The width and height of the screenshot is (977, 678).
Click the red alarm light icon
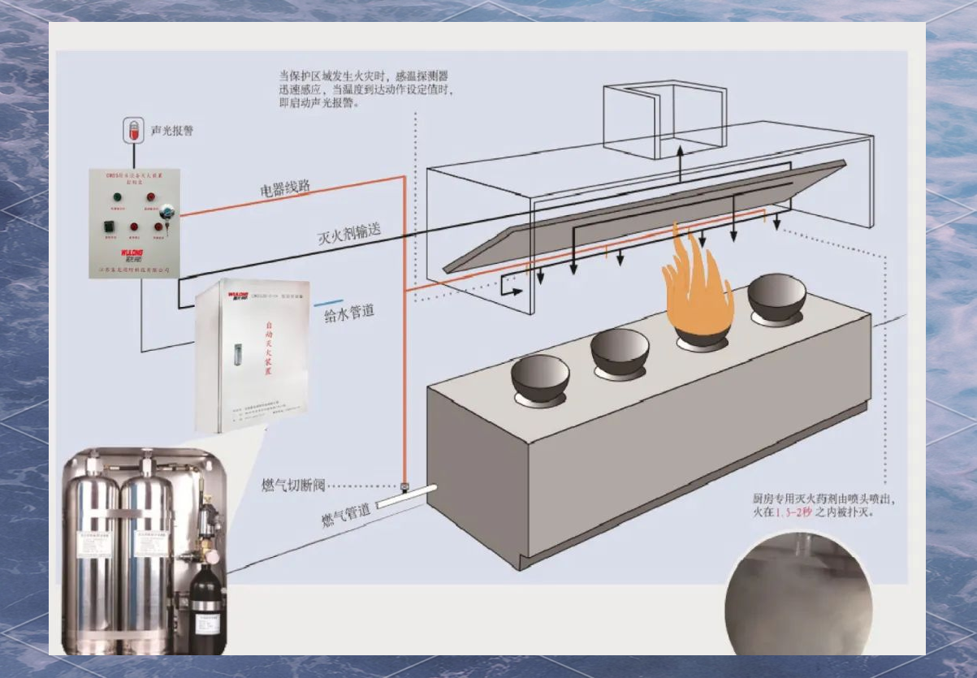click(x=132, y=130)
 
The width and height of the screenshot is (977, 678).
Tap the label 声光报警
click(x=172, y=130)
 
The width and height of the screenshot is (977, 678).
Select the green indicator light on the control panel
click(x=116, y=196)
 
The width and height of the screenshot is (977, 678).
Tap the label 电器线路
click(x=285, y=188)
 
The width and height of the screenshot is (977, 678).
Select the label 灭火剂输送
click(x=350, y=235)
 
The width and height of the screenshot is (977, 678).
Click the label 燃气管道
click(x=345, y=517)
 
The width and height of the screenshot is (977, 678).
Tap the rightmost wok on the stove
click(x=776, y=297)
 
